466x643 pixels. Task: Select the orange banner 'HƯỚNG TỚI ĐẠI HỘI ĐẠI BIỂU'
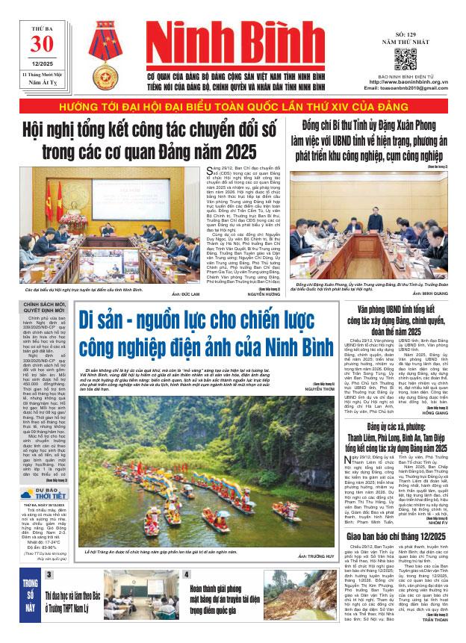coord(233,106)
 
